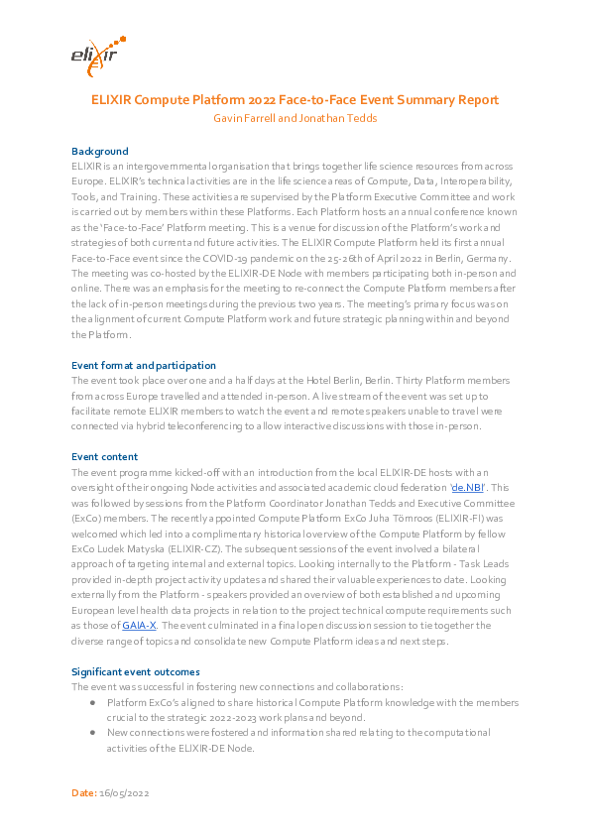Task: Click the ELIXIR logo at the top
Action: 97,57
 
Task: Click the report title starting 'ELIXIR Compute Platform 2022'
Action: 295,100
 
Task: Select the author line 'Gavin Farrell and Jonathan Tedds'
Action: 295,117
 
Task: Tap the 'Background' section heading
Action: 99,152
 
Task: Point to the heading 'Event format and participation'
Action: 144,366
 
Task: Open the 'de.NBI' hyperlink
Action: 469,489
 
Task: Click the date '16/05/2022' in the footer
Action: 124,793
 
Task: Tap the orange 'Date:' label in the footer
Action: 84,793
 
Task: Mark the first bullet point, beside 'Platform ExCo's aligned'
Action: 92,702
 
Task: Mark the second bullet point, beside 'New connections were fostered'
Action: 92,732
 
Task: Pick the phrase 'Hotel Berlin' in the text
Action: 326,381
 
